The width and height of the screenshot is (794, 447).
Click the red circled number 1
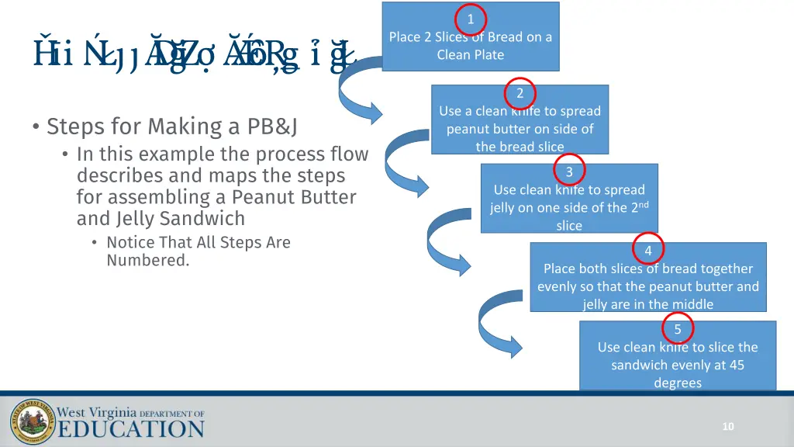(471, 19)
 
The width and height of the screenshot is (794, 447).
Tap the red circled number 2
(520, 93)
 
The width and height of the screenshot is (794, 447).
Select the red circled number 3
(569, 172)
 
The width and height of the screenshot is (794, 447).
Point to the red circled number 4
(648, 250)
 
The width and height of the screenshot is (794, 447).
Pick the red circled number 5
(678, 329)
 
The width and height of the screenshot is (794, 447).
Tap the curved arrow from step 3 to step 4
(450, 241)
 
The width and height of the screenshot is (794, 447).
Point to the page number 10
(727, 426)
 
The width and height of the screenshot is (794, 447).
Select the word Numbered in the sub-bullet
(147, 261)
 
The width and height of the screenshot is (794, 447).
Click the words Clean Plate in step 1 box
(470, 54)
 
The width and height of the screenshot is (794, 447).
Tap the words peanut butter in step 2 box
(490, 129)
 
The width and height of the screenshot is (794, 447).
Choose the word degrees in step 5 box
(677, 383)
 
